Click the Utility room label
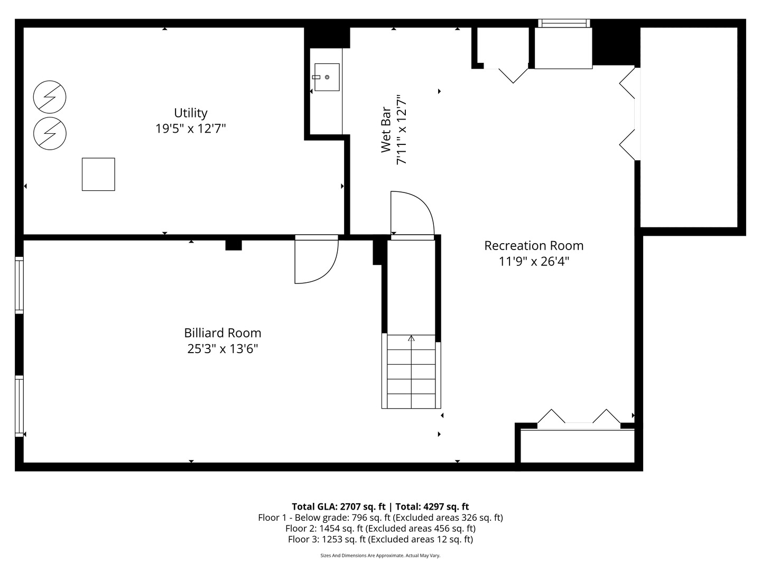[190, 113]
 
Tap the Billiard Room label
[222, 333]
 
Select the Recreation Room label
[534, 245]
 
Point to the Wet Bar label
[386, 130]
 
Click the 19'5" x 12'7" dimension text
[190, 128]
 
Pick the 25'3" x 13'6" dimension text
[222, 348]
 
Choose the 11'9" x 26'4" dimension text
[534, 261]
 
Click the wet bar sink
[327, 77]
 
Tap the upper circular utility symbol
[50, 97]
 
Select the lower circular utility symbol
[50, 133]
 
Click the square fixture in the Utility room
[98, 174]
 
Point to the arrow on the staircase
[411, 338]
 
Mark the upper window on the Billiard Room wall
[19, 285]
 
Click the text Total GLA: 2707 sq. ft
[338, 506]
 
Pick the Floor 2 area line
[380, 528]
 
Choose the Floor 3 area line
[380, 539]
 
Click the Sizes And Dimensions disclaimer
[380, 555]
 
